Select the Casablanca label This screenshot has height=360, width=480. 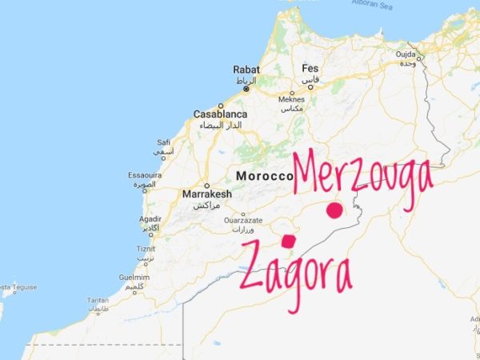pos(218,114)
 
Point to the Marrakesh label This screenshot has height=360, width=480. pos(206,194)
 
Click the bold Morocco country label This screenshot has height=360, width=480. pos(263,175)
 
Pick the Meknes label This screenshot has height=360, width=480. pos(291,100)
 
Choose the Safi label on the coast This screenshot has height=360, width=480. pos(164,142)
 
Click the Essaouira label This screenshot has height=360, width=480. pos(145,175)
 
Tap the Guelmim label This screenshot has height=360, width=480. pos(134,277)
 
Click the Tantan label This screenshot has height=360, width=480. pos(98,300)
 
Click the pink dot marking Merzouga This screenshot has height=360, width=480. pos(334,211)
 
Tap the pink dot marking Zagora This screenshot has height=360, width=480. pos(288,240)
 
